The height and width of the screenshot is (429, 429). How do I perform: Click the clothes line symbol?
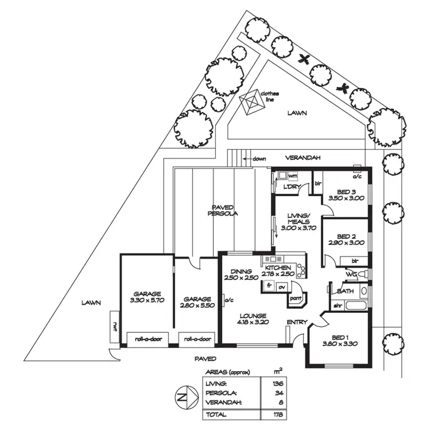pos(252,102)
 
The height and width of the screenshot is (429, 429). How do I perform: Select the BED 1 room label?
pos(340,338)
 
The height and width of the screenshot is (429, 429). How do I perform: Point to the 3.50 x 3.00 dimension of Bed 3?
pos(346,198)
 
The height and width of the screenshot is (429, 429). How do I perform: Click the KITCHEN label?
pos(277,268)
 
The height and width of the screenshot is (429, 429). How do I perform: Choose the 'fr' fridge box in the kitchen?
pos(269,285)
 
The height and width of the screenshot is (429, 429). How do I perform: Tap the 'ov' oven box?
pos(282,287)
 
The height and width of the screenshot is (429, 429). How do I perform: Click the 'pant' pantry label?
pos(296,298)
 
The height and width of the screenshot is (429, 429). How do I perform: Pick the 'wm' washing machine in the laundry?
pos(292,176)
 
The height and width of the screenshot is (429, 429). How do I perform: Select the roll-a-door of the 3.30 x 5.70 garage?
pos(148,340)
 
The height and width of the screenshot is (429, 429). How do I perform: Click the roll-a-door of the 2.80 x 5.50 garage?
pos(197,340)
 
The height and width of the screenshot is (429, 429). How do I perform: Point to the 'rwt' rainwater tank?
pos(114,326)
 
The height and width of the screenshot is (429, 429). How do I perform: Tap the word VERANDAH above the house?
pos(303,158)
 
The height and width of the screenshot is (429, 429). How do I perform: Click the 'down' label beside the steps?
pos(259,158)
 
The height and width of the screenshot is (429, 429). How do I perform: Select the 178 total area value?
pos(278,414)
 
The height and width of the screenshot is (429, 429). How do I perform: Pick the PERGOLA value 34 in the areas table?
pos(279,393)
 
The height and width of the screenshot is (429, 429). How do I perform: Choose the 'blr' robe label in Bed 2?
pos(355,261)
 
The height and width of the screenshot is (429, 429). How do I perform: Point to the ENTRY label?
pos(297,322)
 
